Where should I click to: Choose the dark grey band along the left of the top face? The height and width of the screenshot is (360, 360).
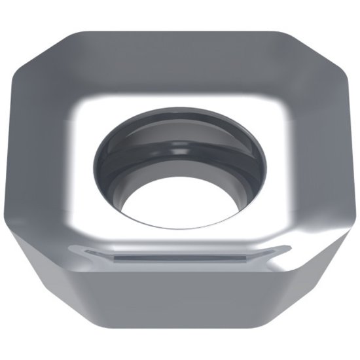click(x=49, y=151)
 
